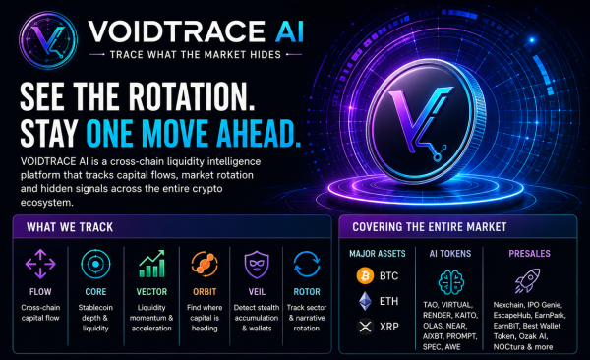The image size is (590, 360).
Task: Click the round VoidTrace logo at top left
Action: point(48,40)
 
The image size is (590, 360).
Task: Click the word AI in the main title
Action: point(289,31)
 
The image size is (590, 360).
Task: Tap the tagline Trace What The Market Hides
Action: point(196,55)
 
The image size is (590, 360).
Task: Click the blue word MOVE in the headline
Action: point(175,133)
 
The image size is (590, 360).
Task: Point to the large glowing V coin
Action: point(426,121)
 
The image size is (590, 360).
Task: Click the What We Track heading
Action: point(70,227)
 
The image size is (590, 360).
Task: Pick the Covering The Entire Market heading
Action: point(430,226)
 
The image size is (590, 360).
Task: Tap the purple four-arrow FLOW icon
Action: point(40,264)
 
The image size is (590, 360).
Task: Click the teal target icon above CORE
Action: point(95,264)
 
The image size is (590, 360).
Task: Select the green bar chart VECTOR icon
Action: point(151,264)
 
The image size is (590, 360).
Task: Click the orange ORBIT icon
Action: point(205,264)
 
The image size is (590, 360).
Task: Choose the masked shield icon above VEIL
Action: point(257,265)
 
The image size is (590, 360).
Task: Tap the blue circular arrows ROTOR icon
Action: point(307,264)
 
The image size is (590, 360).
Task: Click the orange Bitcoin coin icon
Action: point(365,276)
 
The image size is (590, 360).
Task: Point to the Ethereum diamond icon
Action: point(365,301)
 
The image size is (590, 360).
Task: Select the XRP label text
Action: point(388,327)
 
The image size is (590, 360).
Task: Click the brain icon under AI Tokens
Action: point(451,282)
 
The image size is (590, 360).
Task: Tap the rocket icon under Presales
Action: point(527,280)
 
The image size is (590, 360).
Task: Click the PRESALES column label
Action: point(529,254)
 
